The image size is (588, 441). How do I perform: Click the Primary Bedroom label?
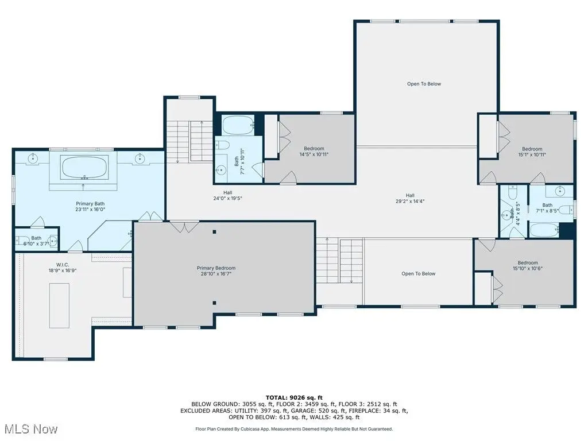point(216,268)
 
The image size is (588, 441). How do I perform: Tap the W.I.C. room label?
point(63,265)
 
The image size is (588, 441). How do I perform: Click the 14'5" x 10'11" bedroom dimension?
point(314,154)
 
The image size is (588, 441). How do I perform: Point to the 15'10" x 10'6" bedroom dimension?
point(528,269)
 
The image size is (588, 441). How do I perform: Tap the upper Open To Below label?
point(424,84)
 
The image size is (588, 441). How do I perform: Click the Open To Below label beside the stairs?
point(419,274)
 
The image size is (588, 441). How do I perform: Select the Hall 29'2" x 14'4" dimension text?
point(410,202)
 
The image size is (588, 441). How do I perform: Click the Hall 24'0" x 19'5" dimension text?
point(227,199)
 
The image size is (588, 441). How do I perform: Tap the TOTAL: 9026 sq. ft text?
point(294,398)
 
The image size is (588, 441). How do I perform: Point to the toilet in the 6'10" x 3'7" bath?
point(23,240)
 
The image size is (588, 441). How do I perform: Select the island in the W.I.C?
point(59,305)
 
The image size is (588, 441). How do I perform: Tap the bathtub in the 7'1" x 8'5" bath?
point(544,230)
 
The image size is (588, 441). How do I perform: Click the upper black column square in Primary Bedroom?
point(215,232)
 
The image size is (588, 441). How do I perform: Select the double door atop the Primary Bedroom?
point(184,226)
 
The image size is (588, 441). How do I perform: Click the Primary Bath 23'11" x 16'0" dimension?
point(90,210)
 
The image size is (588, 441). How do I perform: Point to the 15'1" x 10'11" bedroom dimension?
point(532,154)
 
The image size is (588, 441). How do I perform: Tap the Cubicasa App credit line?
point(294,429)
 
